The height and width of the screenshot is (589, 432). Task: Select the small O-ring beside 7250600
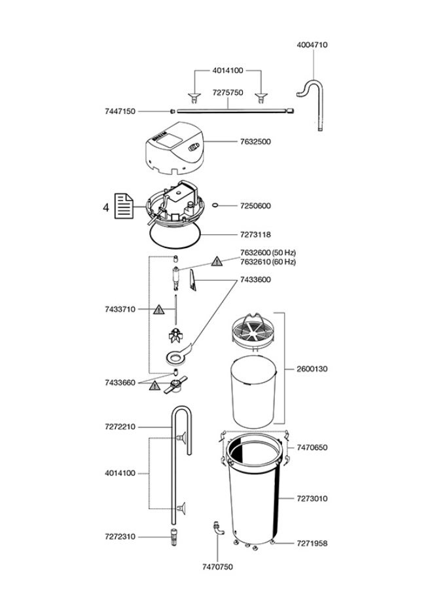215,205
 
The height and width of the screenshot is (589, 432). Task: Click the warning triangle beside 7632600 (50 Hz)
216,262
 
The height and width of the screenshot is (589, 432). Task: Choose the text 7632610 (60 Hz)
267,262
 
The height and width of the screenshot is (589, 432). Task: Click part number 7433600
255,280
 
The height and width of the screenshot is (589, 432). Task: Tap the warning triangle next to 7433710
158,310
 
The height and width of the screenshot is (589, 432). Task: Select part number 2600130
312,369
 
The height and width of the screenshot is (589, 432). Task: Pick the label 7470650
312,448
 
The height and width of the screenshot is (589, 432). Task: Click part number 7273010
312,499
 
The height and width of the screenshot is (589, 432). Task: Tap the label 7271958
312,544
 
